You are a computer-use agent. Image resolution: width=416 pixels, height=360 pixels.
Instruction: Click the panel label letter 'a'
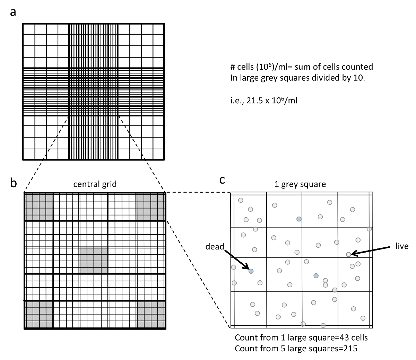(13, 12)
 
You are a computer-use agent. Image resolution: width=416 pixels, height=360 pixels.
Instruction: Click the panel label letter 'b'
(14, 183)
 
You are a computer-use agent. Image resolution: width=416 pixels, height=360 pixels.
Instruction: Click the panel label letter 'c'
(222, 180)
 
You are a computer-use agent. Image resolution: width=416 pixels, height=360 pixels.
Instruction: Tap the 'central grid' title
(95, 184)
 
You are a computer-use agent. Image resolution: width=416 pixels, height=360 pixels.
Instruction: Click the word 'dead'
(215, 246)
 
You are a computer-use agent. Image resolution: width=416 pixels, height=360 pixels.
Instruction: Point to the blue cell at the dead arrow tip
(251, 271)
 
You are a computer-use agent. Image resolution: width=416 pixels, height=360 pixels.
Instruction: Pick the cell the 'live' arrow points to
(348, 254)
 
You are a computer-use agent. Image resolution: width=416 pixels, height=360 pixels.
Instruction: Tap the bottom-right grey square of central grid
(150, 314)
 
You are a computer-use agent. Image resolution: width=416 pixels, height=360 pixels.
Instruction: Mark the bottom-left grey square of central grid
(38, 314)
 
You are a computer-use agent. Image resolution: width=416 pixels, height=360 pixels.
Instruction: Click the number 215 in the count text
(350, 349)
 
